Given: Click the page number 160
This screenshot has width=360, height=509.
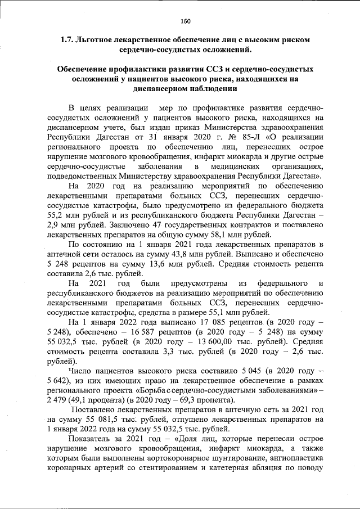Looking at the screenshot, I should coord(185,21).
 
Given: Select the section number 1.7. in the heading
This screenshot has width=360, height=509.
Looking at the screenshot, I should coord(68,40).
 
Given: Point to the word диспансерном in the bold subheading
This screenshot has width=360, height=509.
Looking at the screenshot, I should coord(161,88).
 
